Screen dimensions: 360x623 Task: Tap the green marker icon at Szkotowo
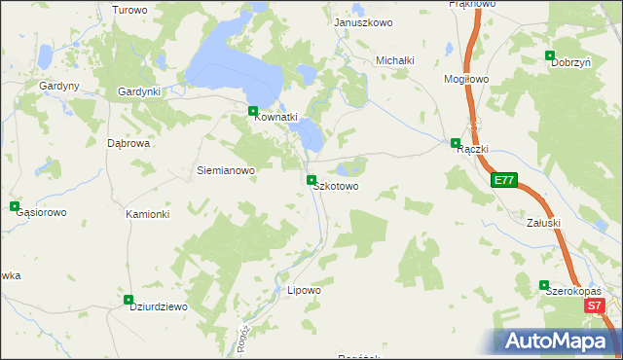311,179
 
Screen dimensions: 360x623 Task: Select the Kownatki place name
275,118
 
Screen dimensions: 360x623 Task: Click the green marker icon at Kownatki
253,112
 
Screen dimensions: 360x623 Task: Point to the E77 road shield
503,180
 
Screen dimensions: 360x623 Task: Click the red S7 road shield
596,306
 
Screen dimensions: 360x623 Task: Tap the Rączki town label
471,149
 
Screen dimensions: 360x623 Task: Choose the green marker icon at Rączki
455,143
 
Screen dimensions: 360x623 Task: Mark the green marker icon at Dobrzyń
550,55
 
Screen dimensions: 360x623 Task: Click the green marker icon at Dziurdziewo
128,300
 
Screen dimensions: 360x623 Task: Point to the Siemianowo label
226,170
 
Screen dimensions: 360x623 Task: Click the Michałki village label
396,60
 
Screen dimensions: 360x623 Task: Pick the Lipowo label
305,290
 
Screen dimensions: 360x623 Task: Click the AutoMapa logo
558,342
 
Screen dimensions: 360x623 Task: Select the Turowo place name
129,10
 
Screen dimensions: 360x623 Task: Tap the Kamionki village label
148,214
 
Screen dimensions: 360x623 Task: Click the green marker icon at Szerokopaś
545,285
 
